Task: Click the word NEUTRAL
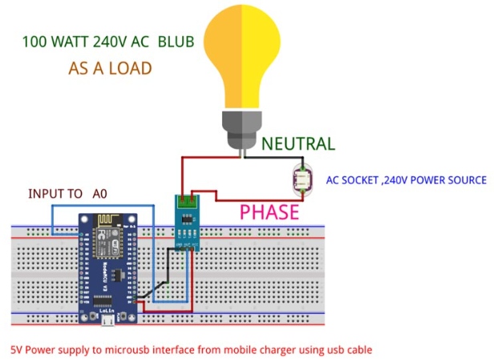click(299, 144)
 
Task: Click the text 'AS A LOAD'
click(110, 69)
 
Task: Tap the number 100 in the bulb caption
click(34, 41)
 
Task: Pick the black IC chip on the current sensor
click(188, 221)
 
